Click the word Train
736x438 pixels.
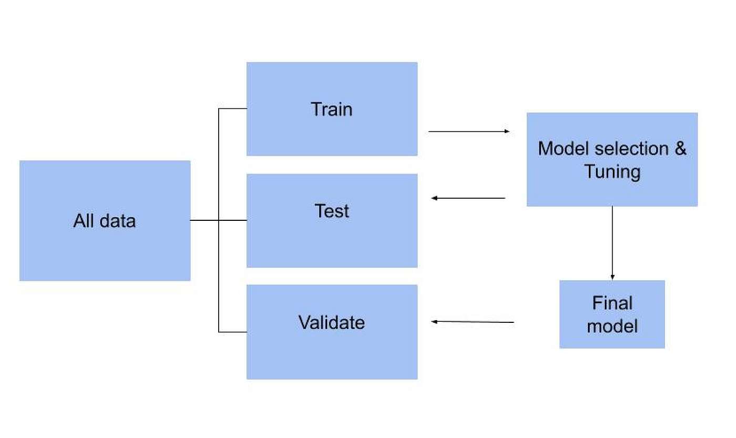tap(332, 109)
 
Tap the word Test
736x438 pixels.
tap(332, 211)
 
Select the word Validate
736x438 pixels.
tap(332, 322)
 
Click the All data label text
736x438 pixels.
tap(105, 220)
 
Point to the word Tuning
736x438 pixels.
tap(612, 171)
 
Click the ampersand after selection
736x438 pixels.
tap(680, 148)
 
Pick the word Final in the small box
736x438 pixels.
tap(612, 303)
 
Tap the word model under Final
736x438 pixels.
tap(612, 326)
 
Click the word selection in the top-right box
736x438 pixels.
tap(627, 148)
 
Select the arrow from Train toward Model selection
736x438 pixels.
tap(468, 131)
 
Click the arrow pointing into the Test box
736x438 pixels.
tap(468, 198)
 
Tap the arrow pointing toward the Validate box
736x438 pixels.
tap(472, 322)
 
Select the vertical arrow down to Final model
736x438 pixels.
tap(612, 242)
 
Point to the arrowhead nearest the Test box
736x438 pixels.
tap(434, 198)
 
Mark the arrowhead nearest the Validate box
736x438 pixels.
tap(434, 321)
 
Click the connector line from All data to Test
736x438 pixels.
tap(218, 220)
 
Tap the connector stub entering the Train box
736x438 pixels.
tap(233, 109)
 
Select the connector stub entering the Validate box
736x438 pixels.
tap(233, 332)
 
